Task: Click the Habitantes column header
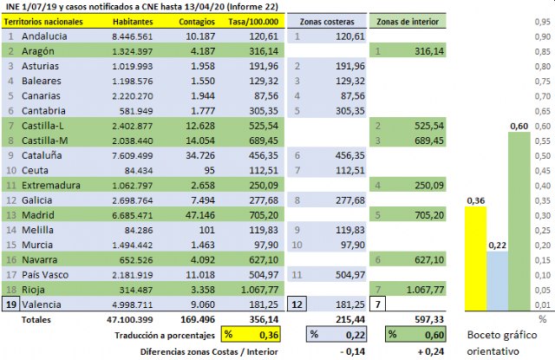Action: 133,20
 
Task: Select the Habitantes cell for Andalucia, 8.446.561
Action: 133,36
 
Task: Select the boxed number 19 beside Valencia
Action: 10,304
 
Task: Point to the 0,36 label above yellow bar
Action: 476,201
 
